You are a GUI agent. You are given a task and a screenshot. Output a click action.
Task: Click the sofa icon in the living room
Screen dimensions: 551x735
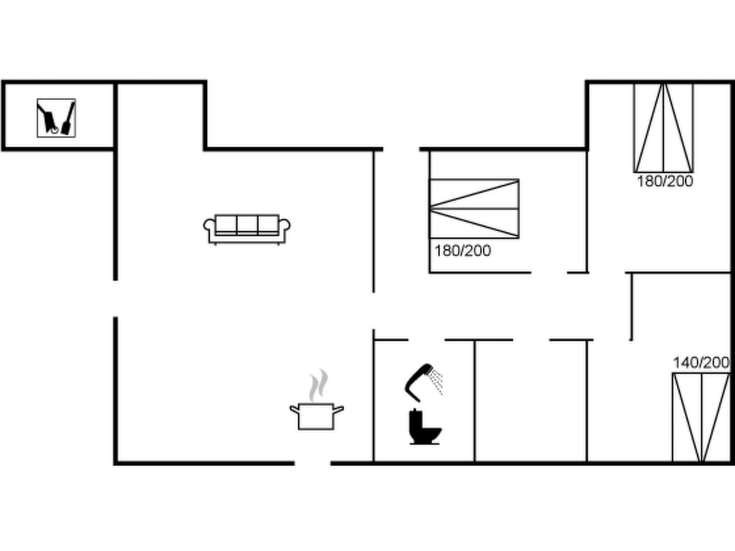click(x=247, y=229)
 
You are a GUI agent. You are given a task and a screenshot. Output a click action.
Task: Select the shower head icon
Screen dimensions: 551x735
click(x=419, y=382)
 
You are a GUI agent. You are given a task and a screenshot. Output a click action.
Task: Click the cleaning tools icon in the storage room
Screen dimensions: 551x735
click(x=56, y=118)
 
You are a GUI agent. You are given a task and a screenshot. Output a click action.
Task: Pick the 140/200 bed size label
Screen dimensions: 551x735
click(x=701, y=363)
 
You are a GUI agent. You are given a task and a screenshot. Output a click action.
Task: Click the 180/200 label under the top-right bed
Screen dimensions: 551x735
click(x=665, y=182)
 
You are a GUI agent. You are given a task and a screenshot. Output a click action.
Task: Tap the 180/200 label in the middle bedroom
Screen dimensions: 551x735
click(x=463, y=251)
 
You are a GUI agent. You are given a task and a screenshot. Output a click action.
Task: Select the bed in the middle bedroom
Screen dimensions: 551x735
click(x=474, y=208)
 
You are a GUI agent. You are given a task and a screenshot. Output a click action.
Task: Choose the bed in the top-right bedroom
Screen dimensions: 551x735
click(x=664, y=128)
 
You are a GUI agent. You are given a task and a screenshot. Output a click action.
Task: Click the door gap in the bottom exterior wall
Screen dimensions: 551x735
click(x=312, y=463)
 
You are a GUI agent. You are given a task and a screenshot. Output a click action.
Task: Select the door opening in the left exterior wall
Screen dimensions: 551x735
click(x=116, y=298)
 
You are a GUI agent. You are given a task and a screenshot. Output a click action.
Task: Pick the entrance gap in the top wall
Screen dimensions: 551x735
click(x=401, y=149)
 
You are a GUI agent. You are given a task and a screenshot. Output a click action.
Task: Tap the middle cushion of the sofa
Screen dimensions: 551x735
click(x=247, y=224)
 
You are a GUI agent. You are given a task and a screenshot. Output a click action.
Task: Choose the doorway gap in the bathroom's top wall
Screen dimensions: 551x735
click(x=426, y=339)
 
